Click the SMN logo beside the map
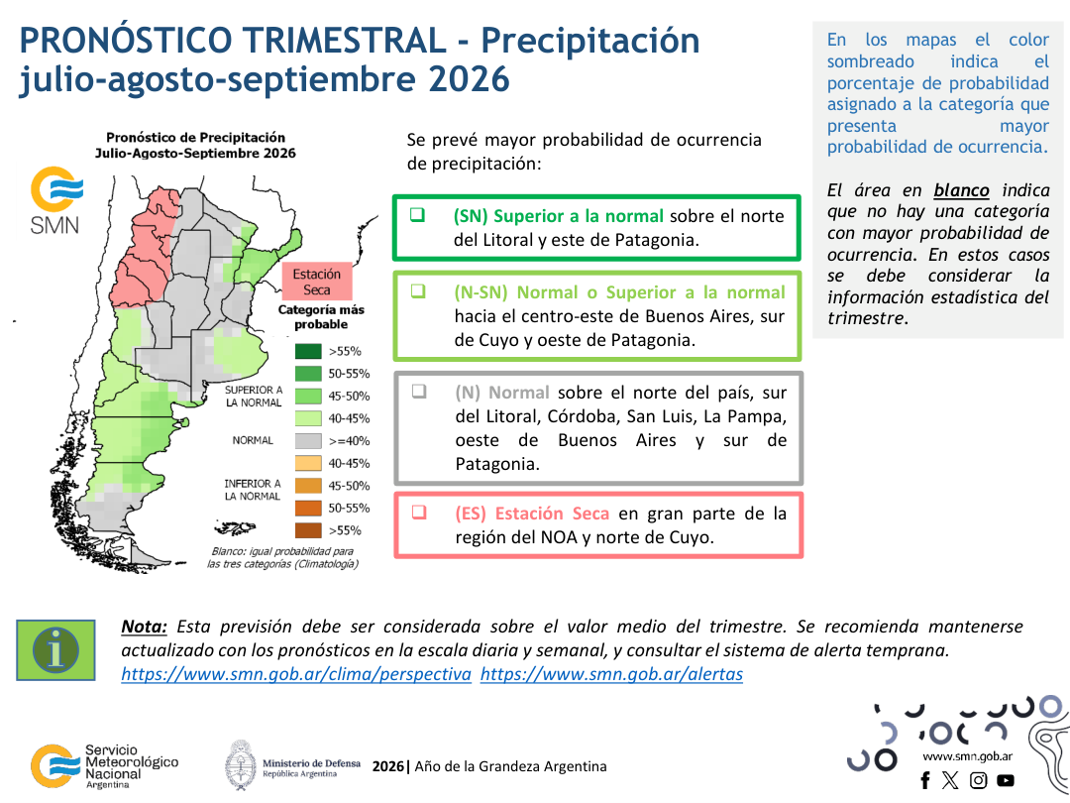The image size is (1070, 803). [55, 199]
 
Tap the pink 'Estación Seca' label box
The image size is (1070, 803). [317, 282]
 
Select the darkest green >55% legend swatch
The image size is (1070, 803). [308, 352]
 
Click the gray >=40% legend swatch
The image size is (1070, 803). [308, 441]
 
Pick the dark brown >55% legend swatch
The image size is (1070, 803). [308, 530]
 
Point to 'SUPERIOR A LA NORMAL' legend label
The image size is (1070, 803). [254, 397]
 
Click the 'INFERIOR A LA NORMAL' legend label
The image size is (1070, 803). [253, 490]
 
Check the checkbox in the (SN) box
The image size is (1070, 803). [418, 214]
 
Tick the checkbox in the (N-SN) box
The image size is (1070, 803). [418, 290]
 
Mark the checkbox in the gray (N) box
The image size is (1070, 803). [419, 392]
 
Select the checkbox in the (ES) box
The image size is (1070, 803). [419, 513]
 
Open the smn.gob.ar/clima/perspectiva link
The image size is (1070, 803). [296, 675]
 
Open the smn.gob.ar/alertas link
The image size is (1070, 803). [611, 675]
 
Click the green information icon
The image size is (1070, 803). [55, 650]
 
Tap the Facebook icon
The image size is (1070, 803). [925, 780]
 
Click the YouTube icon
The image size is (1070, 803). [1006, 780]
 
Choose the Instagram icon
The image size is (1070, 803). [979, 780]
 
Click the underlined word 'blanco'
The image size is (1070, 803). [961, 190]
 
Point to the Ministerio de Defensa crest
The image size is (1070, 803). [241, 765]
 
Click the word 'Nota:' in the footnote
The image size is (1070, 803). [144, 627]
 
